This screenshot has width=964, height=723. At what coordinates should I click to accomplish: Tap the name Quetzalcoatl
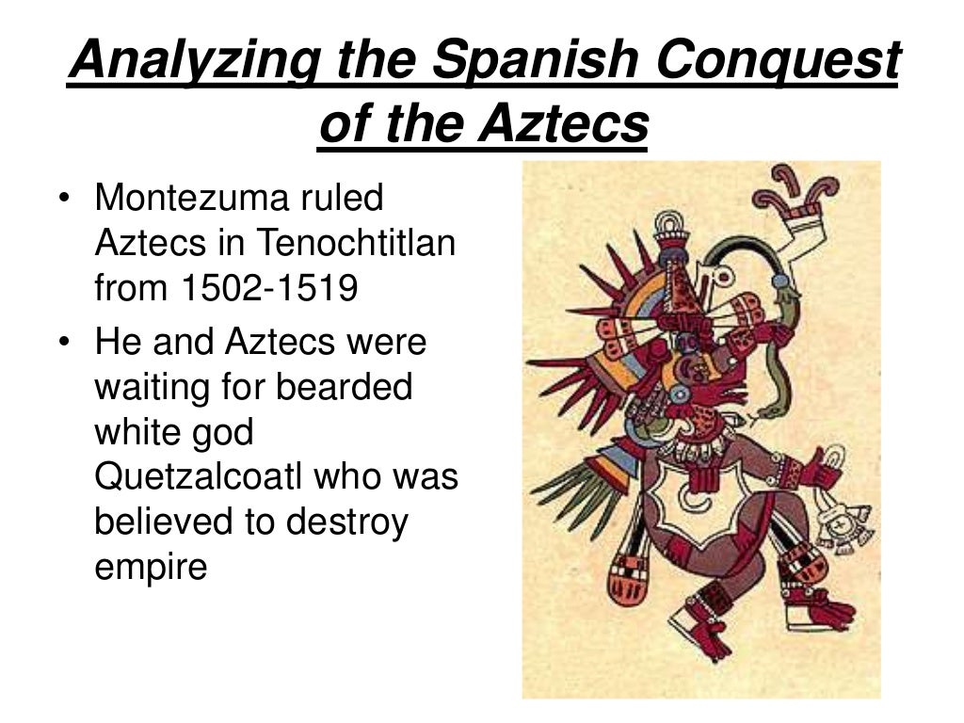pos(199,476)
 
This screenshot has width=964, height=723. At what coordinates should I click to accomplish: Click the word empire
pos(150,567)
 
